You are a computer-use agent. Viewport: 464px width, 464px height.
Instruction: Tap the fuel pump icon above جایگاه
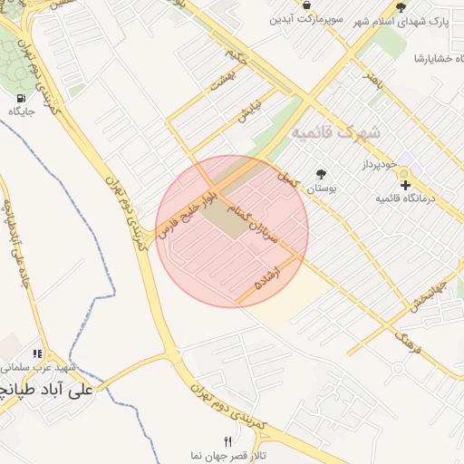(x=20, y=97)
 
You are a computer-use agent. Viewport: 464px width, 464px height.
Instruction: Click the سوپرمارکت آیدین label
(x=310, y=18)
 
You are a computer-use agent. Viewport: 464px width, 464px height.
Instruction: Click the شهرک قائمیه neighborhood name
(x=336, y=132)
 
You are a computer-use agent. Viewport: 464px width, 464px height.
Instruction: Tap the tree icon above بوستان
(x=321, y=174)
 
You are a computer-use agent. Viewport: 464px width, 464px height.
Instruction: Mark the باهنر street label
(x=374, y=82)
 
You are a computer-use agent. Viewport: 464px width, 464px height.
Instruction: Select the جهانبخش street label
(x=425, y=304)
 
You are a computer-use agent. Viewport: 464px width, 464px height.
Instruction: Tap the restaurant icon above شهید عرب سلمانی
(x=37, y=354)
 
